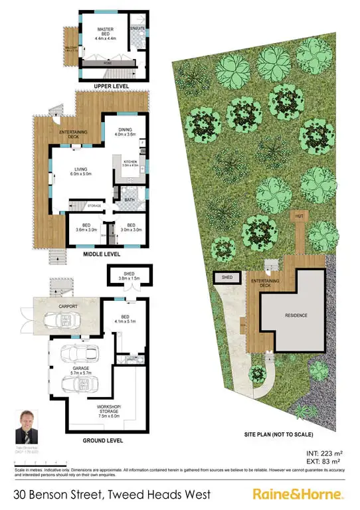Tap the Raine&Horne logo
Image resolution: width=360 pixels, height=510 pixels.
click(x=298, y=495)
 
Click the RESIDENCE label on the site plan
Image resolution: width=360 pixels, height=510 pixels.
click(x=292, y=317)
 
